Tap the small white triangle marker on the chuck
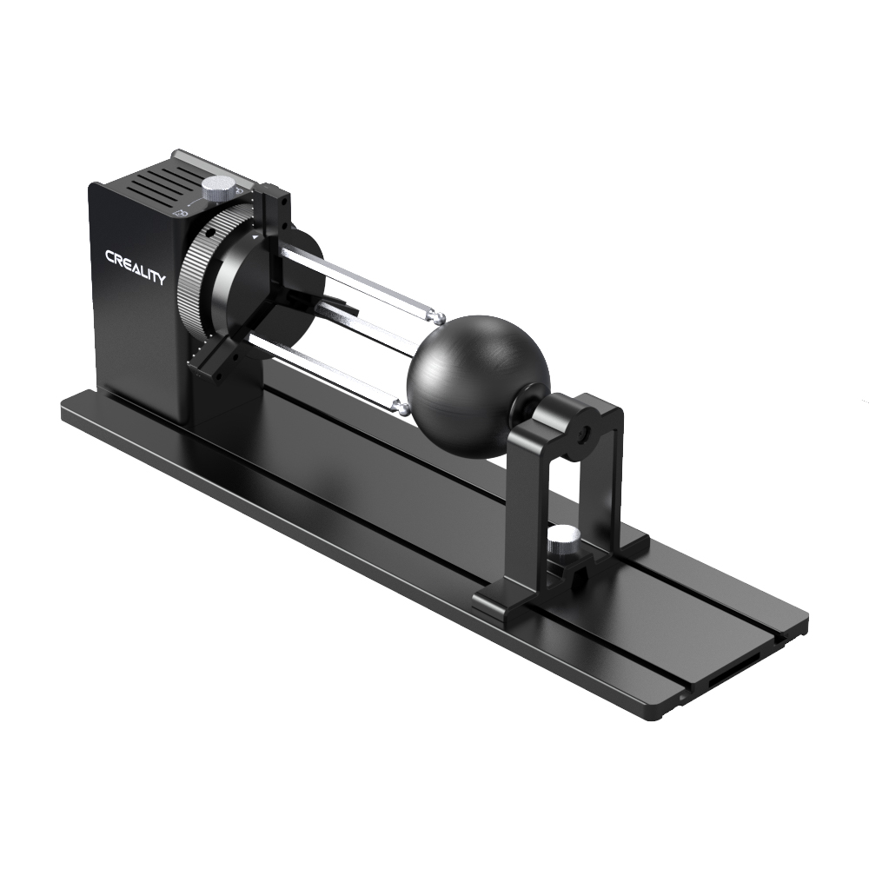(x=253, y=235)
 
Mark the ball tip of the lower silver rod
(x=401, y=405)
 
